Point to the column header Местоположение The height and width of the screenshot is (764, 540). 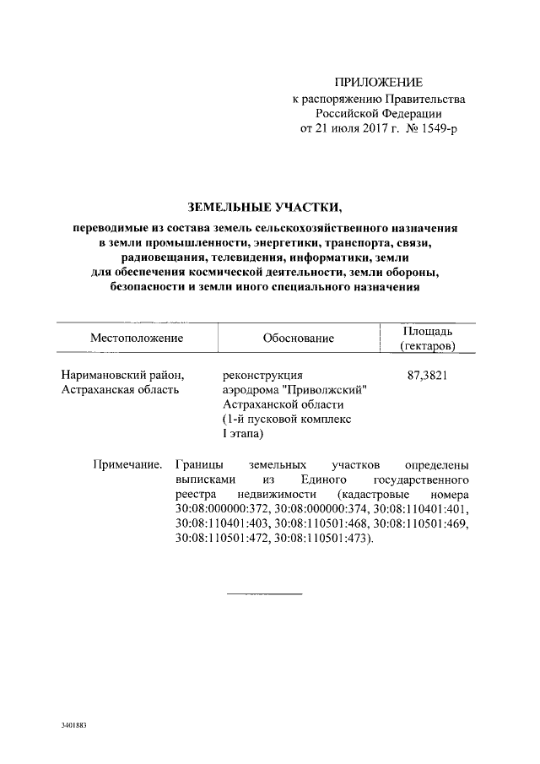click(x=137, y=338)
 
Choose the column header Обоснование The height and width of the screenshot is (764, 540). click(x=298, y=338)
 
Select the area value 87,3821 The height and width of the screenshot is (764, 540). click(x=427, y=375)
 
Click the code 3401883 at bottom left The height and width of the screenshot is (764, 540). click(x=74, y=725)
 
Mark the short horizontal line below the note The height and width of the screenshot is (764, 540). click(x=265, y=594)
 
